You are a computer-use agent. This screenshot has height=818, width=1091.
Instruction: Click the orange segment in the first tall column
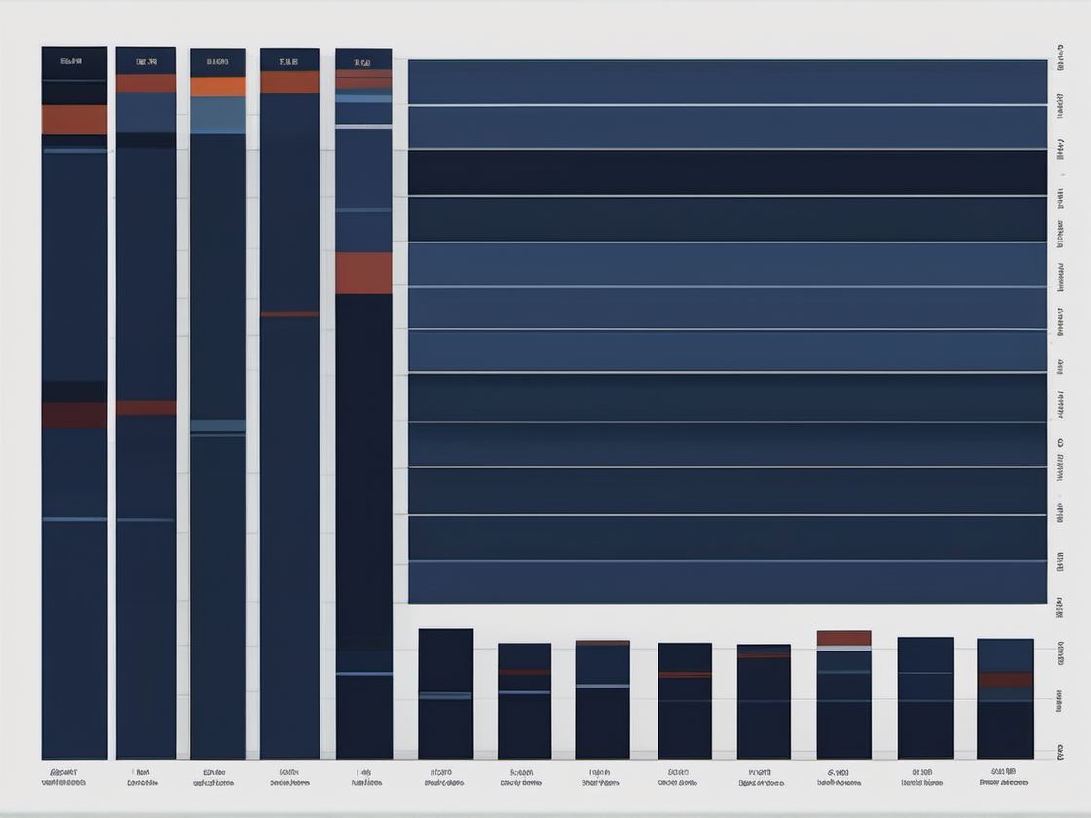coord(74,120)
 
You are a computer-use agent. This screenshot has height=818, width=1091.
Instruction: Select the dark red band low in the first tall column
coord(74,415)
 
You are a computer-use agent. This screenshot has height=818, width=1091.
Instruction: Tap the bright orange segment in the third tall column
coord(218,87)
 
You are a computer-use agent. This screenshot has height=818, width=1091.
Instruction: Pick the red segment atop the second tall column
coord(146,84)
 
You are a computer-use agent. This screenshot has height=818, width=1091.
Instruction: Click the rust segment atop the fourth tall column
coord(289,83)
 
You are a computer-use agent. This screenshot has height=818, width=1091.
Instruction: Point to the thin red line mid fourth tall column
coord(289,314)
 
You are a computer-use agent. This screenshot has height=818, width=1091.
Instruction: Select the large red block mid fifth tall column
coord(363,273)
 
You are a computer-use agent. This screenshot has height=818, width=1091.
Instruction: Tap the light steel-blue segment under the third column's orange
coord(218,114)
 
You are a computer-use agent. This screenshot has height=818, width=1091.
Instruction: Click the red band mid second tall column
coord(146,408)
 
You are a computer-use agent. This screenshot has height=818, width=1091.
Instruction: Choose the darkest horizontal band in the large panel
coord(727,172)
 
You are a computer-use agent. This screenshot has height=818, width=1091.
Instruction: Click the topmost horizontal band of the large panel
coord(727,82)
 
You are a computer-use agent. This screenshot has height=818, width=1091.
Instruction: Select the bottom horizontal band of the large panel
coord(727,582)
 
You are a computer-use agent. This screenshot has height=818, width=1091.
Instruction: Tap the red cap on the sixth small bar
coord(844,638)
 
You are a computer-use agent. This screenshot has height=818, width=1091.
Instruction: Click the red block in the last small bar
coord(1004,679)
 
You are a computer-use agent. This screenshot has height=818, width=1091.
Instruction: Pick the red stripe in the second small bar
coord(524,672)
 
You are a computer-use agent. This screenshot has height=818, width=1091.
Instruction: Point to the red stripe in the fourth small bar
coord(685,674)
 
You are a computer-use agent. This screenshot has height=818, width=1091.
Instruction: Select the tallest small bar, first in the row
coord(446,693)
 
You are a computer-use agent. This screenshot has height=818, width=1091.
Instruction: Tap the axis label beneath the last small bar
coord(1003,776)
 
